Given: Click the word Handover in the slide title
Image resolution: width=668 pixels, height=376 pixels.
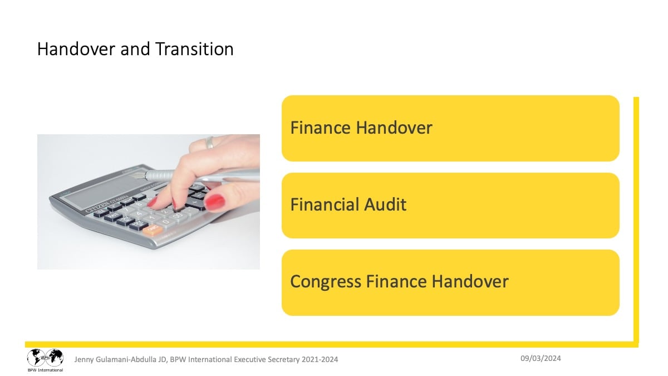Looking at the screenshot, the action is pyautogui.click(x=76, y=48).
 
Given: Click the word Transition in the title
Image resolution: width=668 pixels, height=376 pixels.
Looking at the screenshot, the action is pyautogui.click(x=194, y=48).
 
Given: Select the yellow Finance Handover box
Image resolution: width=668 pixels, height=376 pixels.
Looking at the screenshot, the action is pyautogui.click(x=450, y=128).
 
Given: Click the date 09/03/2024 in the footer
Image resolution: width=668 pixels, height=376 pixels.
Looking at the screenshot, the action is pyautogui.click(x=541, y=358).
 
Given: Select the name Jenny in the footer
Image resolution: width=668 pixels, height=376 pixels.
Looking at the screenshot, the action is pyautogui.click(x=83, y=360).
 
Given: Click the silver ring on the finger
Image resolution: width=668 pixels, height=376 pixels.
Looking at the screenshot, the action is pyautogui.click(x=209, y=143).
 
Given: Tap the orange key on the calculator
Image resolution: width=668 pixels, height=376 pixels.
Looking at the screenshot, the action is pyautogui.click(x=153, y=229).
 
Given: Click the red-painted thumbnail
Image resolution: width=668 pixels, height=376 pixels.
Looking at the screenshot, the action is pyautogui.click(x=215, y=202).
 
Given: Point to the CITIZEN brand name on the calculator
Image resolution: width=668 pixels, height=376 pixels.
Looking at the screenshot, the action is pyautogui.click(x=97, y=208).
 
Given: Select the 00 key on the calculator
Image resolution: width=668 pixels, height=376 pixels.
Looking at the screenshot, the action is pyautogui.click(x=178, y=216).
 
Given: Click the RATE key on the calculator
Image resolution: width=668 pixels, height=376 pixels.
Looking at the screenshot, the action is pyautogui.click(x=113, y=216).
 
